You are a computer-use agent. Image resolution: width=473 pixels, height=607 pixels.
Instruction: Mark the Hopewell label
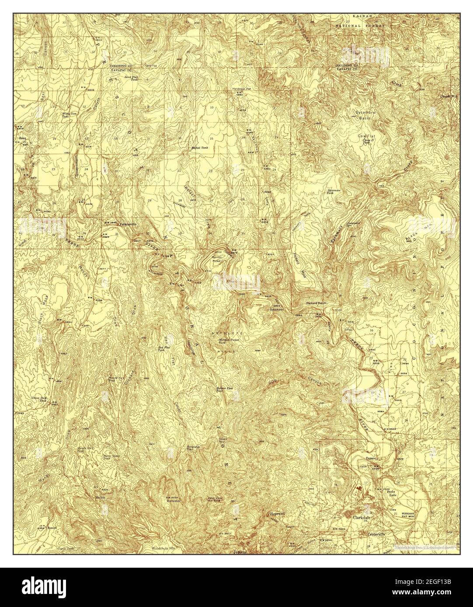click(x=278, y=514)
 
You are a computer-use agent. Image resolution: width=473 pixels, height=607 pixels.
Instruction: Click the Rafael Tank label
click(x=199, y=148)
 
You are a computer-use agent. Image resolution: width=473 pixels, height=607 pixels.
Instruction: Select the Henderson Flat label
click(x=242, y=89)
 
